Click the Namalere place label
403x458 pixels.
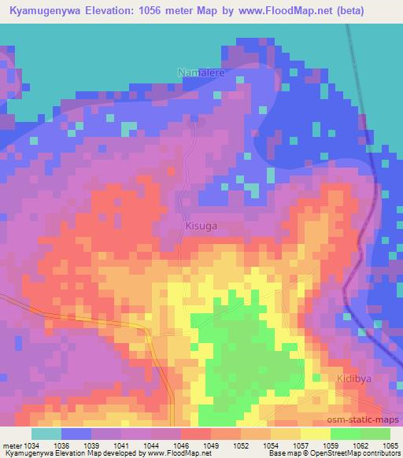coord(202,73)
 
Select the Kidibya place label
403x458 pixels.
coord(347,378)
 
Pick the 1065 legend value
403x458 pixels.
coord(390,445)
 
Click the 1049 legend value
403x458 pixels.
coord(210,445)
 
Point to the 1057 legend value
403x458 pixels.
coord(301,445)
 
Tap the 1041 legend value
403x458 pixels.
coord(120,445)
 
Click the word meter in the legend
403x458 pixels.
coord(9,445)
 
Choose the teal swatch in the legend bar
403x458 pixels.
coord(46,434)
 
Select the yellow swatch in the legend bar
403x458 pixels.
coord(315,434)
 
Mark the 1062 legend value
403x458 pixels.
coord(360,445)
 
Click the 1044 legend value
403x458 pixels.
coord(150,445)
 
